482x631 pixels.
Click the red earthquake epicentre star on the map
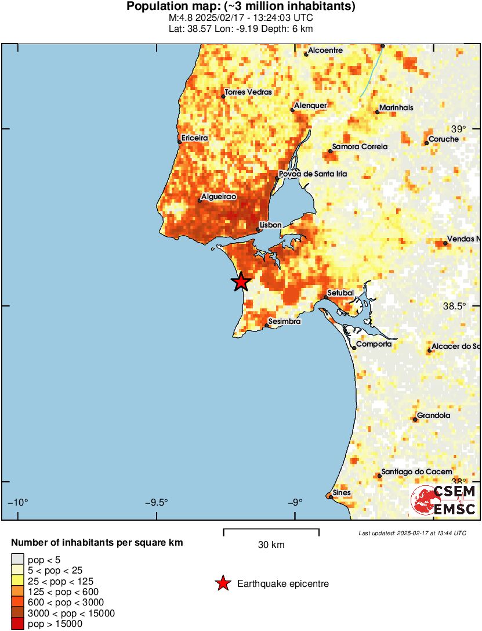(241, 282)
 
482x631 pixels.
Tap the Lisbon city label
(270, 225)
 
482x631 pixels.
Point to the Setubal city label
(340, 293)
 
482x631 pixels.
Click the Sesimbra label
(285, 321)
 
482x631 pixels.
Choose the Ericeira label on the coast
(194, 138)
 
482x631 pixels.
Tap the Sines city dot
(330, 496)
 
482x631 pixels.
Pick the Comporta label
(374, 344)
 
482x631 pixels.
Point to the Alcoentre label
(325, 51)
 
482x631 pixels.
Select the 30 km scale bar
(271, 531)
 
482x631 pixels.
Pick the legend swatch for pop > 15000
(18, 624)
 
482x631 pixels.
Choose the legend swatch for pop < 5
(18, 560)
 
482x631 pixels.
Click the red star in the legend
(223, 584)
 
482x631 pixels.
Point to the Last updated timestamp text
(412, 533)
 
